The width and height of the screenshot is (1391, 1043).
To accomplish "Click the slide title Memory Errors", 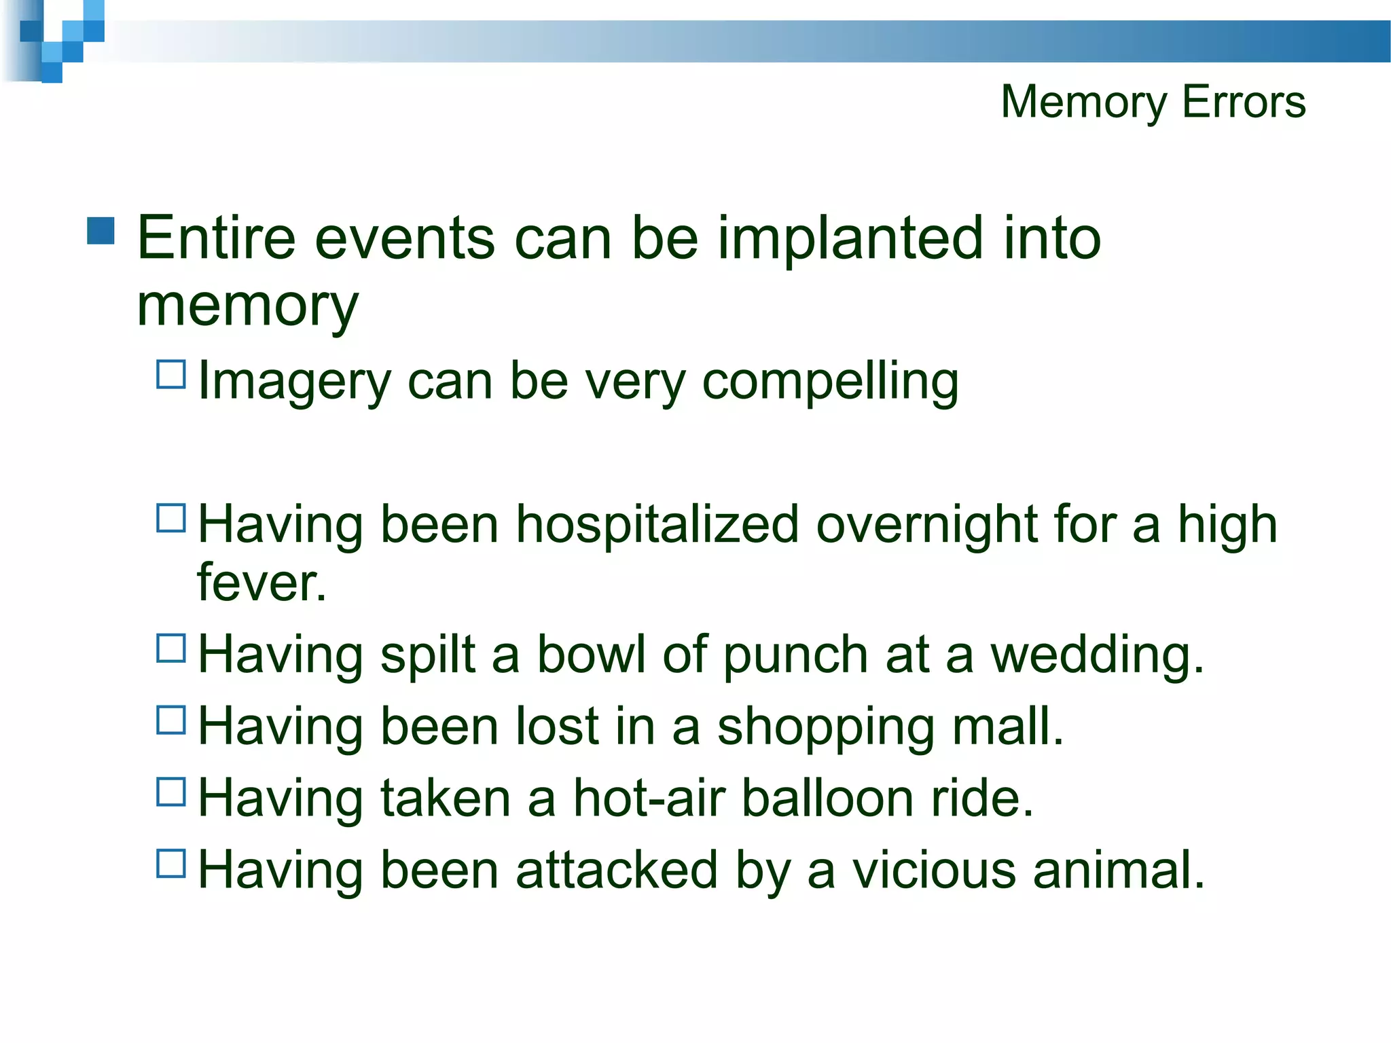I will pos(1153,102).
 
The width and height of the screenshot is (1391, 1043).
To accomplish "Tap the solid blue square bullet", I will pos(101,231).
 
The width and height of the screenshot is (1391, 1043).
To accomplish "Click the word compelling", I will pos(830,382).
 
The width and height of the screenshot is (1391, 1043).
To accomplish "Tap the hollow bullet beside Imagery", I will pos(171,374).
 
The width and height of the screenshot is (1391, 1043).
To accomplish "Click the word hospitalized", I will pos(657,525).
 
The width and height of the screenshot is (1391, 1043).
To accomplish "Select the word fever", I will pos(261,583).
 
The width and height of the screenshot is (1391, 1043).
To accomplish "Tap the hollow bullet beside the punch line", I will pos(171,648).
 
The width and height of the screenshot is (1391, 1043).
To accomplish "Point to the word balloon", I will pos(827,799).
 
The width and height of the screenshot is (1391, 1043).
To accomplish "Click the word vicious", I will pos(934,871).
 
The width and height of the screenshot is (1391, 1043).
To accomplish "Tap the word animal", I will pos(1118,871).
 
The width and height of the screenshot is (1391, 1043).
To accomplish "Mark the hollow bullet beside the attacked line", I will pos(171,864).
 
